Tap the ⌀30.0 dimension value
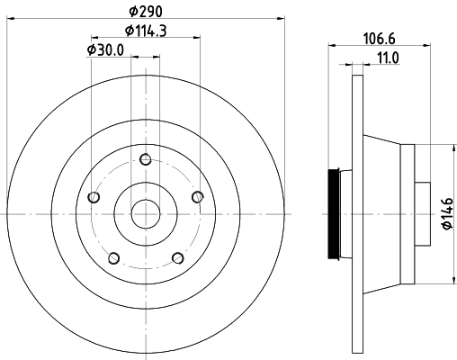tap(106, 51)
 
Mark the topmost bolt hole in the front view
tap(145, 160)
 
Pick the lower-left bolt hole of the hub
tap(112, 259)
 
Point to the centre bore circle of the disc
tap(145, 214)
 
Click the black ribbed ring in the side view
tap(338, 214)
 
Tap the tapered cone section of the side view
tap(382, 214)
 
